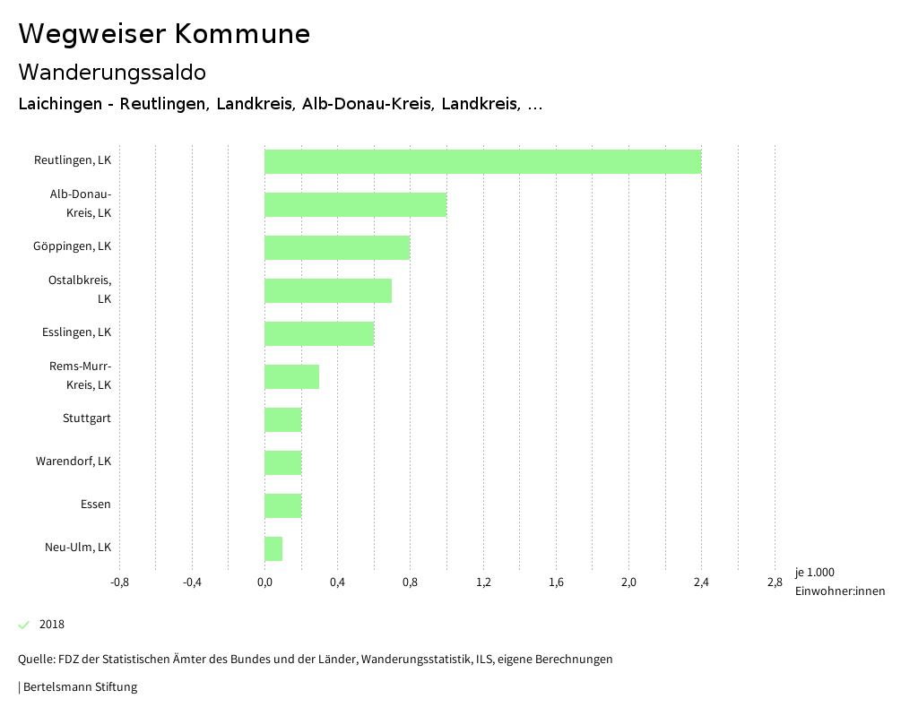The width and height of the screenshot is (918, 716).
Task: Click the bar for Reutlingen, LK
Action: (482, 161)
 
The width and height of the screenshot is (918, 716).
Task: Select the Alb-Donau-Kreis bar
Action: (355, 204)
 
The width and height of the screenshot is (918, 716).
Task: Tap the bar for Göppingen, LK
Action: (337, 247)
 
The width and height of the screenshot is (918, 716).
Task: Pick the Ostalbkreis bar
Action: (328, 290)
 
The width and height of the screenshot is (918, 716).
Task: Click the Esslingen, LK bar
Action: (319, 333)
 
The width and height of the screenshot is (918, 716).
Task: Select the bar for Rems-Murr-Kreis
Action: (291, 376)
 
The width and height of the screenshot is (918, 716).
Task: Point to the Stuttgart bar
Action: (282, 419)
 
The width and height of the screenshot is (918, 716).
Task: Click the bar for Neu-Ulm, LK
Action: (273, 548)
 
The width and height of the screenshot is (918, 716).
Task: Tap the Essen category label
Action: (96, 505)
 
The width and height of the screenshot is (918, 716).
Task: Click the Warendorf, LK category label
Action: (74, 462)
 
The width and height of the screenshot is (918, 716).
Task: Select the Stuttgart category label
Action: (87, 418)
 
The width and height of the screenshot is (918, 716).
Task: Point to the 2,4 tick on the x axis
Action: (701, 582)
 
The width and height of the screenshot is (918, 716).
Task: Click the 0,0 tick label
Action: (264, 582)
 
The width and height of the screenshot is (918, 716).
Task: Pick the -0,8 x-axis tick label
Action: (119, 582)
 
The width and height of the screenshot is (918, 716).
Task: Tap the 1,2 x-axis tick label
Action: (483, 582)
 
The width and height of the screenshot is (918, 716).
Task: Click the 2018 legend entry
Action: (51, 625)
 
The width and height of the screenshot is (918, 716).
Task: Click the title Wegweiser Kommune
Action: (164, 34)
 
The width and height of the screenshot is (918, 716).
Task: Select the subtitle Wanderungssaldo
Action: (112, 72)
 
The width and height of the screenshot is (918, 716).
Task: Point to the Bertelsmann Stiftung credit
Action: (80, 687)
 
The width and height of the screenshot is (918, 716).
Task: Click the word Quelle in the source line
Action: (35, 660)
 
